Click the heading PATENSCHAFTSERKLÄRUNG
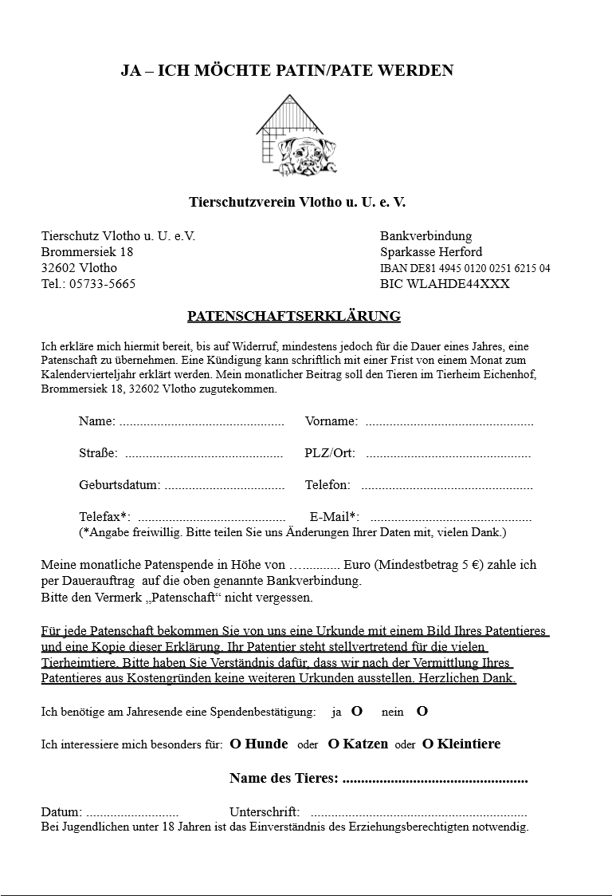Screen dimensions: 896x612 [294, 317]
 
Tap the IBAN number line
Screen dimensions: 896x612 [465, 268]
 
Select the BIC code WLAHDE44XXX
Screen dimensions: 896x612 [445, 284]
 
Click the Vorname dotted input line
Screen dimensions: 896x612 [449, 423]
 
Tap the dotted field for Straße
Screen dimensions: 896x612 [204, 455]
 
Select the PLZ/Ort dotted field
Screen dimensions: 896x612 [448, 455]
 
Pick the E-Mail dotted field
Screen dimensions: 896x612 [450, 518]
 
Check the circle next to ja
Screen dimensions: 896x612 [357, 711]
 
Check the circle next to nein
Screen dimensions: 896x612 [422, 711]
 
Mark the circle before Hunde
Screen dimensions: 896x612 [235, 744]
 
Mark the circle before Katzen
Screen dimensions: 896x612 [334, 744]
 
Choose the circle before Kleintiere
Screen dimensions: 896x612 [428, 744]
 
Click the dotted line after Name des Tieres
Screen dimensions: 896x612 [434, 780]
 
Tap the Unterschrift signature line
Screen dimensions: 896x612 [418, 813]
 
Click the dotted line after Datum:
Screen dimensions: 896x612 [132, 813]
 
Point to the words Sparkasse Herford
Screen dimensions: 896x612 [431, 252]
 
